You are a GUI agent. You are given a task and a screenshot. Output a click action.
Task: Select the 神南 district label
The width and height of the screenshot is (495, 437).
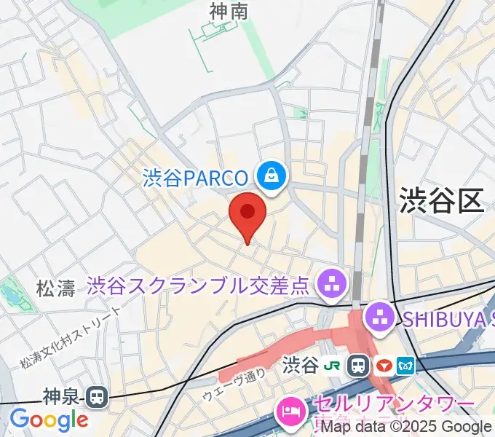pyautogui.click(x=229, y=12)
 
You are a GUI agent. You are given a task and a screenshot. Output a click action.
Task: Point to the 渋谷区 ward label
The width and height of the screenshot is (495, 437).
pyautogui.click(x=441, y=198)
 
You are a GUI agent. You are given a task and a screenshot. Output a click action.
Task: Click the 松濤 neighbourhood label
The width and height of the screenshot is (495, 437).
pyautogui.click(x=55, y=288)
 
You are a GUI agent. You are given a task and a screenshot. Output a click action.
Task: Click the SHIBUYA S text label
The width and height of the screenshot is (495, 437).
pyautogui.click(x=444, y=317)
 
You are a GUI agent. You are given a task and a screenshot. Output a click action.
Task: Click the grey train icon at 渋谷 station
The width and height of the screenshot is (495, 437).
pyautogui.click(x=358, y=363)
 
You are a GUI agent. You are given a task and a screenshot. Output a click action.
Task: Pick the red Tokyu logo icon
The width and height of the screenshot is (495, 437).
pyautogui.click(x=384, y=363)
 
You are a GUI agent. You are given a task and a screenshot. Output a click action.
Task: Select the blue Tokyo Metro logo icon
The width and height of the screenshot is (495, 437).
pyautogui.click(x=405, y=363)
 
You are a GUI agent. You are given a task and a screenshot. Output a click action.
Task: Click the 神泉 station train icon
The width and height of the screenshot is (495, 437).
pyautogui.click(x=95, y=397)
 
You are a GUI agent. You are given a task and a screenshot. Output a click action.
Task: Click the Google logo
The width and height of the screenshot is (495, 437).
pyautogui.click(x=48, y=420)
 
